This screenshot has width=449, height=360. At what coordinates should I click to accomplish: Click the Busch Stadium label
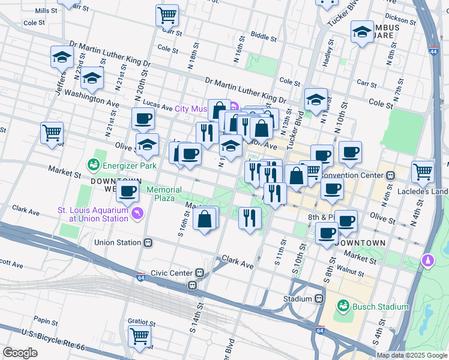pyautogui.click(x=381, y=307)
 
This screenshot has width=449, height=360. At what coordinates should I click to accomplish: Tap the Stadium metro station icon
pyautogui.click(x=319, y=298)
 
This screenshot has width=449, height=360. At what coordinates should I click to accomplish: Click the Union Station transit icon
pyautogui.click(x=147, y=243)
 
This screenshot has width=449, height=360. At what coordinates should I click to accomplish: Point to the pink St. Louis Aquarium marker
pyautogui.click(x=139, y=214)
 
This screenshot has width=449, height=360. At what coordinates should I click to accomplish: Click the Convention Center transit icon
pyautogui.click(x=390, y=176)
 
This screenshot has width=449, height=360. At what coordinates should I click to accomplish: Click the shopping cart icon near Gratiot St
pyautogui.click(x=139, y=336)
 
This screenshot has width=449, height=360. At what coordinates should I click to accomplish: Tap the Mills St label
pyautogui.click(x=46, y=11)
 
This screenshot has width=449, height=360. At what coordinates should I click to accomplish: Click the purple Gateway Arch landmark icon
pyautogui.click(x=427, y=260)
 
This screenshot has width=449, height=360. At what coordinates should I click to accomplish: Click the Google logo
pyautogui.click(x=20, y=353)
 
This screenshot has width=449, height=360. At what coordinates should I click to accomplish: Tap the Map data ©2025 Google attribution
pyautogui.click(x=412, y=355)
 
